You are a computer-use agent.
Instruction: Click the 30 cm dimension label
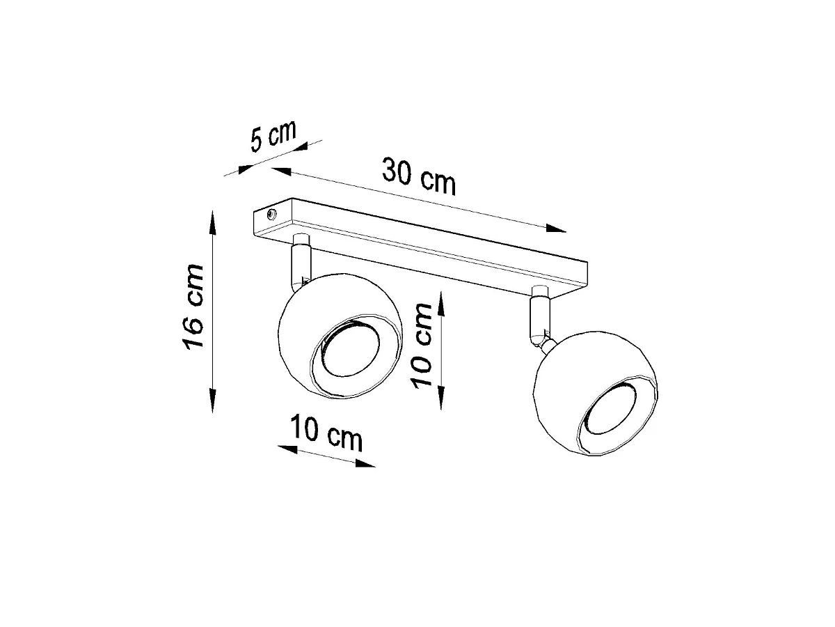(x=418, y=176)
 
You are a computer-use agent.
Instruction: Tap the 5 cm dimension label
(x=273, y=136)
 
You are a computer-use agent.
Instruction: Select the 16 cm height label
(x=193, y=306)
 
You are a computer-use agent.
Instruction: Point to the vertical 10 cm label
(x=422, y=346)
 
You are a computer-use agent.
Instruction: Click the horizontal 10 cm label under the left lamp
(x=326, y=433)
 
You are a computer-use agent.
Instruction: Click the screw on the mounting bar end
(x=271, y=215)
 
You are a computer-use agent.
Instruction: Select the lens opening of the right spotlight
(x=608, y=410)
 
